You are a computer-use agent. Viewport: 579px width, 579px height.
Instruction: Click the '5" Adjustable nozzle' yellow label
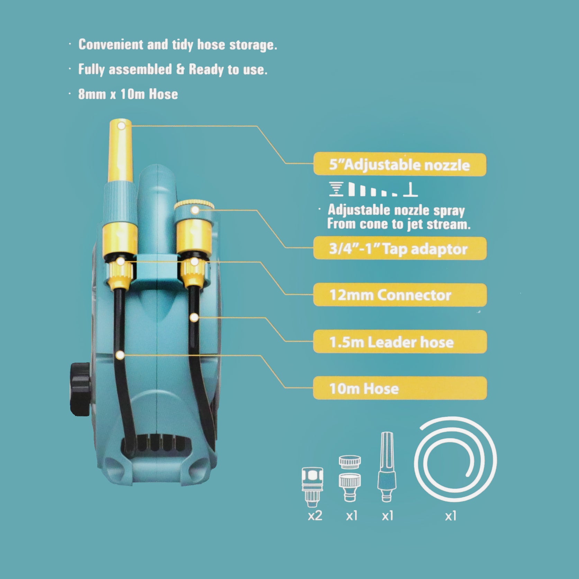click(x=400, y=165)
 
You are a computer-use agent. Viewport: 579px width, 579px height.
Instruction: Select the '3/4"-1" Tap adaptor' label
click(x=400, y=248)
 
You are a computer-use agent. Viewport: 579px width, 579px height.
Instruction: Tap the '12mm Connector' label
click(x=400, y=295)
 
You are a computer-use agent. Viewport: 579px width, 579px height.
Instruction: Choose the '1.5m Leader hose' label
click(x=400, y=342)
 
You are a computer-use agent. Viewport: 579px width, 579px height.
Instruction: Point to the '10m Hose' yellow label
click(x=400, y=388)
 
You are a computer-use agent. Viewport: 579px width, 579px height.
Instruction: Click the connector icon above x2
click(x=313, y=485)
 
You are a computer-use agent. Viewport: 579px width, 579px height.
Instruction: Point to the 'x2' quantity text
click(x=315, y=516)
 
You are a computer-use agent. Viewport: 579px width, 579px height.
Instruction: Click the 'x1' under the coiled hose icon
click(x=450, y=516)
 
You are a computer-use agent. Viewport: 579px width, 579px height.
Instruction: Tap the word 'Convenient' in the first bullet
click(x=111, y=45)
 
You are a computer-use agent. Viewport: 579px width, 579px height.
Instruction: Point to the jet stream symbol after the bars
click(x=410, y=190)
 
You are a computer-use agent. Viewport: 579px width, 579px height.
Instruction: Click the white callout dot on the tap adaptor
click(x=195, y=210)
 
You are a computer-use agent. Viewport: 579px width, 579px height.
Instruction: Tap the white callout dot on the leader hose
click(x=194, y=317)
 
